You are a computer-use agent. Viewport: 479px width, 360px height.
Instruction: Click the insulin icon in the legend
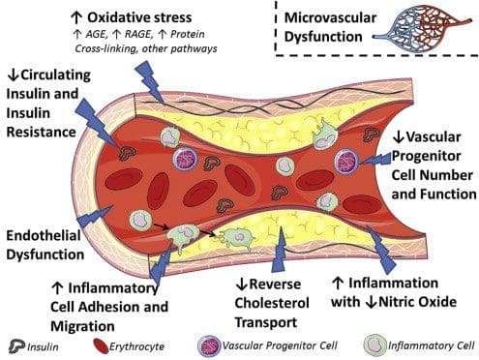(16, 346)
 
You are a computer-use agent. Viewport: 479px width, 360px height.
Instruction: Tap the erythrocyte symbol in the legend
(101, 346)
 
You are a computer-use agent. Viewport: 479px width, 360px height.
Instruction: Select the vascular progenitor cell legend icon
(209, 346)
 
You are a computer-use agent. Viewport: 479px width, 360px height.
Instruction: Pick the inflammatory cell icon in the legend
(375, 345)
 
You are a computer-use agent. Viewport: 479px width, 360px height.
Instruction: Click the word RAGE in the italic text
(137, 34)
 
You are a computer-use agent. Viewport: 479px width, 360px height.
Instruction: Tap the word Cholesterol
(272, 303)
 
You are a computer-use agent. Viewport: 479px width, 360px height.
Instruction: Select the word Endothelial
(44, 235)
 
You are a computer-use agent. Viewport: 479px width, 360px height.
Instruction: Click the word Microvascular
(330, 17)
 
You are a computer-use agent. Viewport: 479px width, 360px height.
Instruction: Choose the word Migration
(82, 326)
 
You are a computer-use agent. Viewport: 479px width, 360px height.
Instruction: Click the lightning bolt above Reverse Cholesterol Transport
(280, 250)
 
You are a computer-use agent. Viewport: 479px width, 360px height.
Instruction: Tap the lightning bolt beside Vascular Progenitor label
(374, 160)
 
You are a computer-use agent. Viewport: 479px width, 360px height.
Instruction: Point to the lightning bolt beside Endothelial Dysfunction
(94, 216)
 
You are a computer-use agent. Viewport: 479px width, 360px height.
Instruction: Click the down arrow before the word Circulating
(14, 75)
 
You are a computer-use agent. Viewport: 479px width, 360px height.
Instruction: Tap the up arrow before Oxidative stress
(76, 17)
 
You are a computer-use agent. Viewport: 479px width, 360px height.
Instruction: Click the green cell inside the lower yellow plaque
(237, 238)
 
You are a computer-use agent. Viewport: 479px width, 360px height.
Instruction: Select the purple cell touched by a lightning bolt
(345, 162)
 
